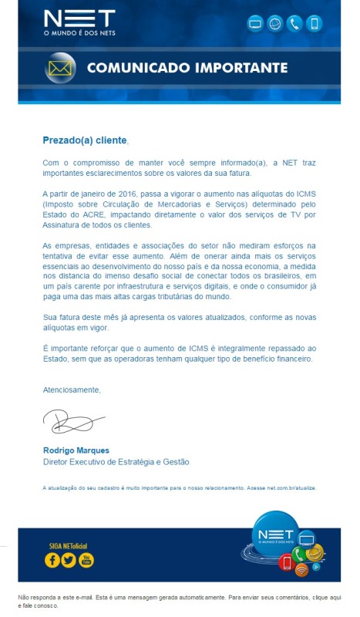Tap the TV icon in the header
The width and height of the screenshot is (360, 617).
(x=256, y=24)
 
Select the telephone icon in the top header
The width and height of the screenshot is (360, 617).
(x=294, y=24)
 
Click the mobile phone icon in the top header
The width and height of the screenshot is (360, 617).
(x=314, y=24)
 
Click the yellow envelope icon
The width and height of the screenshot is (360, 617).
(x=60, y=68)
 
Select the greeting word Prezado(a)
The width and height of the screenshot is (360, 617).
(x=68, y=140)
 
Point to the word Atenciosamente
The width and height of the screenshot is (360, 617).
(x=72, y=390)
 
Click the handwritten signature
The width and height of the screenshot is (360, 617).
(x=71, y=421)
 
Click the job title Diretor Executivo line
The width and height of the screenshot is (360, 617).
(x=116, y=462)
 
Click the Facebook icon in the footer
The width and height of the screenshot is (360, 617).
(x=52, y=561)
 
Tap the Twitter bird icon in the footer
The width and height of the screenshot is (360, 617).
(x=69, y=561)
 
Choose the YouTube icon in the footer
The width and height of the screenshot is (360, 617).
(x=86, y=561)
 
